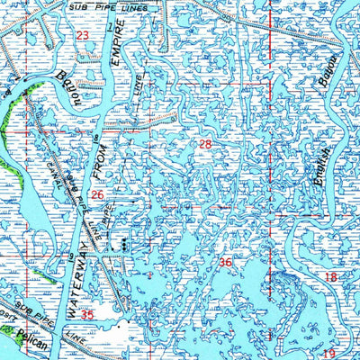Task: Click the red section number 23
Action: [x=83, y=36]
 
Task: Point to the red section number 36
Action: [x=225, y=263]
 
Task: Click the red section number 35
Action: [x=86, y=315]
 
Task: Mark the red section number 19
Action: [x=329, y=354]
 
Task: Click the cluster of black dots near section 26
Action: [x=117, y=244]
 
